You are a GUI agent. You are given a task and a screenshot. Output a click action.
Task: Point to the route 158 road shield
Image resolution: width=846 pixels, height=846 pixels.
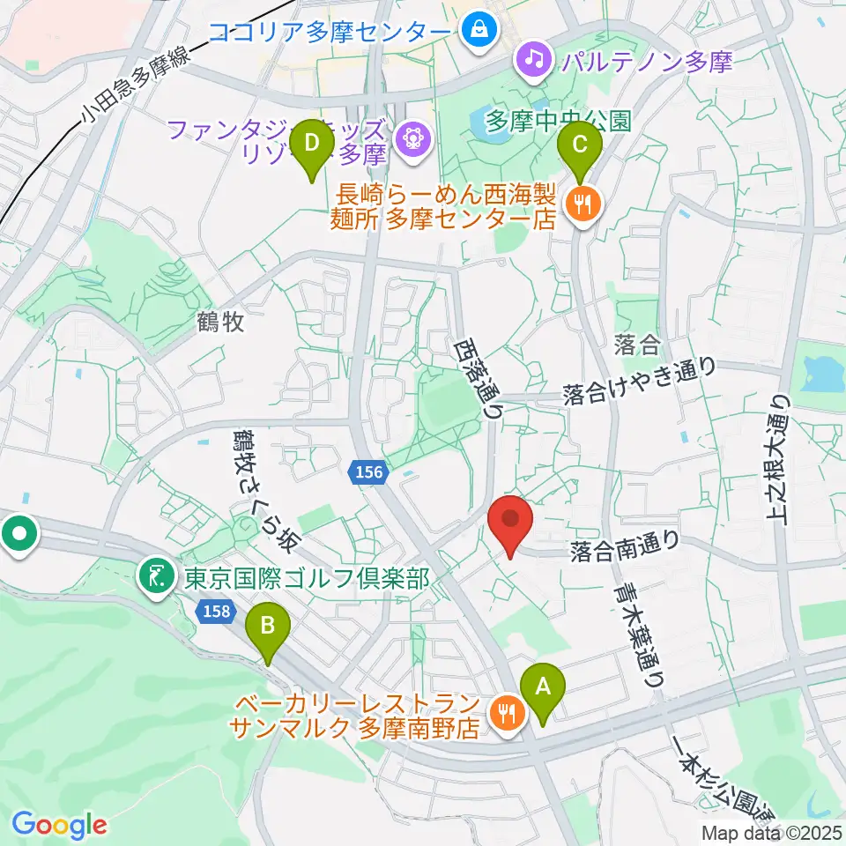tap(211, 610)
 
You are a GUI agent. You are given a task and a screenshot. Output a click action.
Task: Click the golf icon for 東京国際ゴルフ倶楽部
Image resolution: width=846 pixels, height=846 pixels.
tap(158, 578)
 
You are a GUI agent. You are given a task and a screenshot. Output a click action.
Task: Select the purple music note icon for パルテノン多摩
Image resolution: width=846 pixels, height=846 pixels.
tap(533, 59)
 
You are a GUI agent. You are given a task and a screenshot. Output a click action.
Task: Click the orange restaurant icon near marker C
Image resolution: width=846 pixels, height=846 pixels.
tap(583, 205)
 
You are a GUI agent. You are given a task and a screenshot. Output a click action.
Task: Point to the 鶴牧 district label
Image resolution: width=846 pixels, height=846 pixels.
tap(220, 323)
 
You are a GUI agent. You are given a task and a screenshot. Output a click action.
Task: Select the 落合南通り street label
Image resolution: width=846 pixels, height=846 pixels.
tap(624, 551)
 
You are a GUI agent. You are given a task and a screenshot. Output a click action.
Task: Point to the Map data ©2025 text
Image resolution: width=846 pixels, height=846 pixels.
tap(772, 832)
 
